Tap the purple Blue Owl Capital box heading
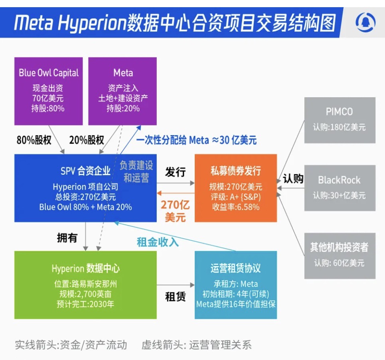coord(49,73)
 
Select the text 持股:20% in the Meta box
coord(123,108)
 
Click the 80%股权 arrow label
coord(34,140)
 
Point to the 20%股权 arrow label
coord(87,140)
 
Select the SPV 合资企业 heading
coord(85,171)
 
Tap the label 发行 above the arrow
coord(175,172)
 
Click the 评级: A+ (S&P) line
coord(235,197)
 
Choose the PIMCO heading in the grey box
coord(339,112)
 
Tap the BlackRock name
coord(339,180)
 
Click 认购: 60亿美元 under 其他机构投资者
coord(339,263)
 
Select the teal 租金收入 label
coord(158,242)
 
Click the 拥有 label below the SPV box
coord(67,238)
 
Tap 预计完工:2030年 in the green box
coord(85,304)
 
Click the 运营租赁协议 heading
coord(235,268)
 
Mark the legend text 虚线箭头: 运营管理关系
coord(196,345)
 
